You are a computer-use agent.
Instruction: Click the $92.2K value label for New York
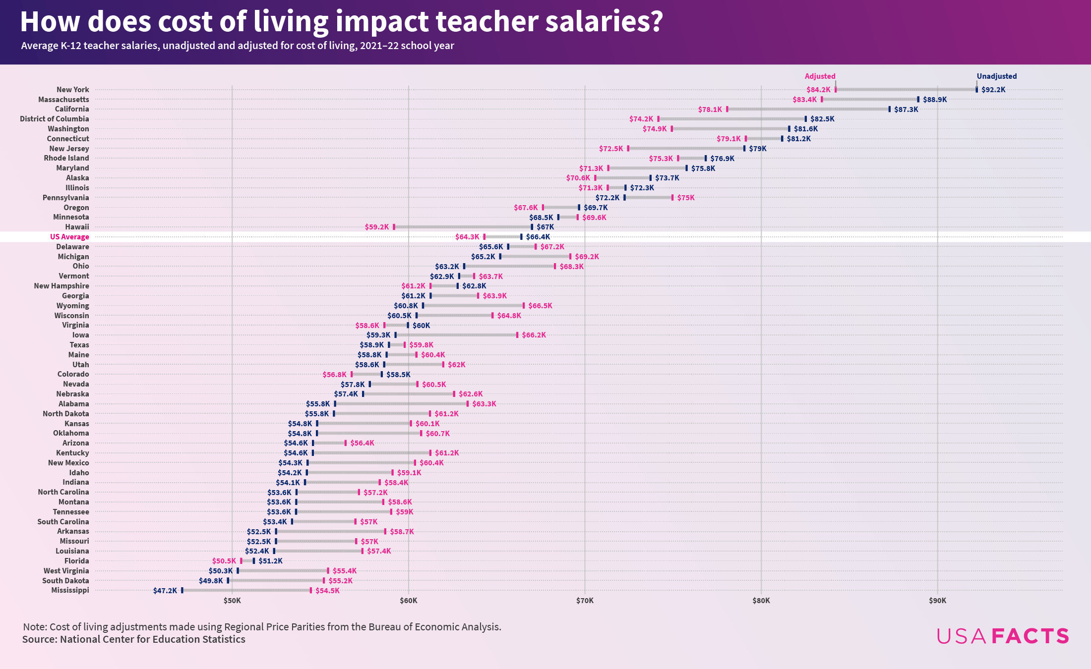tap(993, 90)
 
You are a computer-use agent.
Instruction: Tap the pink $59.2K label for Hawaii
tap(377, 227)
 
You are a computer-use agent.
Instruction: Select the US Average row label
tap(69, 237)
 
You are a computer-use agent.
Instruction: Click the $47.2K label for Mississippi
tap(165, 591)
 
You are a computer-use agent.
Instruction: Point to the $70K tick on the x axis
tap(585, 601)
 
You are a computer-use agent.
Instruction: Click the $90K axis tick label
tap(937, 601)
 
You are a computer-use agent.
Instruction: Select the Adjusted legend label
tap(820, 76)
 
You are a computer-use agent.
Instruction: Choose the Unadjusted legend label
tap(996, 76)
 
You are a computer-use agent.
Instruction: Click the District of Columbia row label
tap(55, 119)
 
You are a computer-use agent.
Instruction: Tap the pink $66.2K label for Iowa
tap(534, 335)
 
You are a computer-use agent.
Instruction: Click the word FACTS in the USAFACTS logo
tap(1030, 636)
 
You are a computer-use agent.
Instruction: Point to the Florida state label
tap(77, 561)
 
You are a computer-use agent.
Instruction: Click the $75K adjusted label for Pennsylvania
tap(686, 198)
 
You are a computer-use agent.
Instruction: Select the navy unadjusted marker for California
tap(889, 109)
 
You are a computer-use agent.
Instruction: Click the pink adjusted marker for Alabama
tap(467, 404)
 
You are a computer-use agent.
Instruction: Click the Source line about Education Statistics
tap(134, 639)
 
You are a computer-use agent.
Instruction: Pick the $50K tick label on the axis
tap(232, 601)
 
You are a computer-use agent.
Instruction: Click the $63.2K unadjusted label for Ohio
tap(447, 267)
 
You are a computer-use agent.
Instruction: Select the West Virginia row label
tap(66, 571)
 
